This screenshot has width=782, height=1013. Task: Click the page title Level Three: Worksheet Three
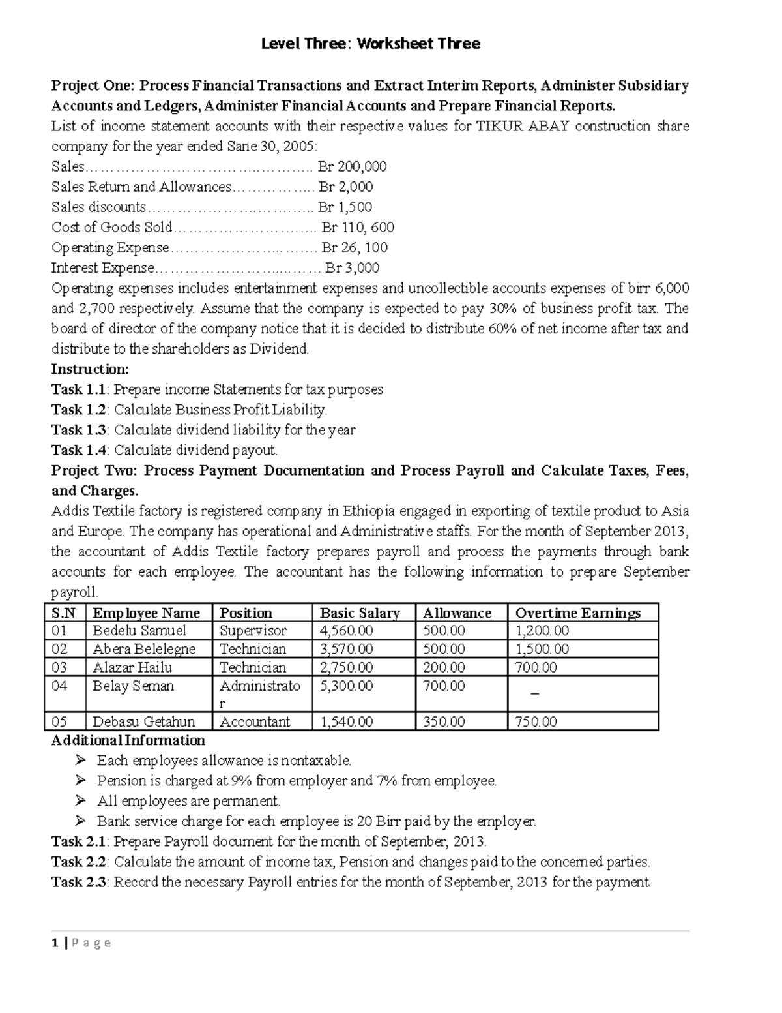370,44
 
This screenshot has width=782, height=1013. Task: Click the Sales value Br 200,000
352,166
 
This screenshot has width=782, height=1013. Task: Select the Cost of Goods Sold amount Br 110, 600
358,227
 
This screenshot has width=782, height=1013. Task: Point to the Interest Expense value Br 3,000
352,267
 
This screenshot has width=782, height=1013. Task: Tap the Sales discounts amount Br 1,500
345,207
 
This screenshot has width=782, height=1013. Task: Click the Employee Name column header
146,613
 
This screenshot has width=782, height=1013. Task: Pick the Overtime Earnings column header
577,613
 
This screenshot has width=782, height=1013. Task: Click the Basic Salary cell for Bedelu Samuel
346,631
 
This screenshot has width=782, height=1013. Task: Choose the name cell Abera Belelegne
144,649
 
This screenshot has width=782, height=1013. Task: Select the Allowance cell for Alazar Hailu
444,667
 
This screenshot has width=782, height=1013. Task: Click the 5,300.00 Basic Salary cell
346,686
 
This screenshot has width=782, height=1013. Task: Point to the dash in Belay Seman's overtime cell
535,694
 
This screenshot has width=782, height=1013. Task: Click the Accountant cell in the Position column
255,721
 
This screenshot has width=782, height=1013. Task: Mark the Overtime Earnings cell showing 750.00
536,721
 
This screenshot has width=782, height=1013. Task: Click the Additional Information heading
128,740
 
